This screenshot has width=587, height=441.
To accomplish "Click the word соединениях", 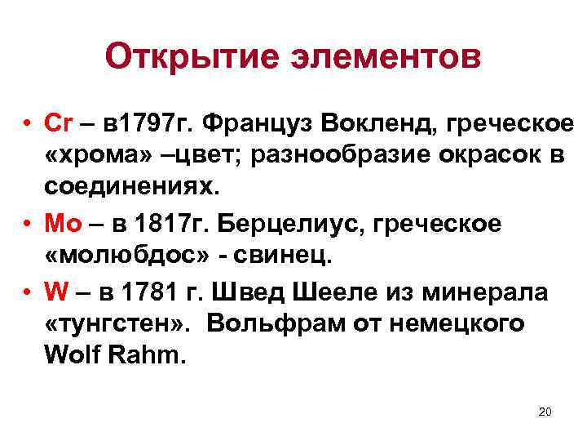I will (x=131, y=186).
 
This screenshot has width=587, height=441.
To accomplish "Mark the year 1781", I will (x=140, y=292).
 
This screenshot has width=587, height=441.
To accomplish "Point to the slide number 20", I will (x=545, y=411).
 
